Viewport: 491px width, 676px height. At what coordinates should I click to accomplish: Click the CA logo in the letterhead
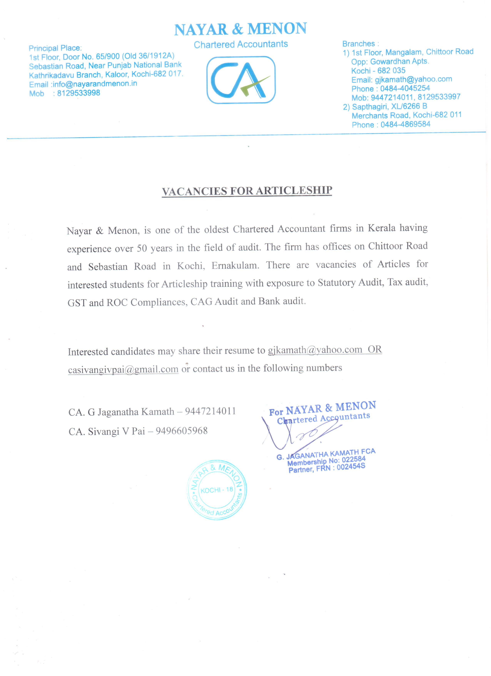(241, 80)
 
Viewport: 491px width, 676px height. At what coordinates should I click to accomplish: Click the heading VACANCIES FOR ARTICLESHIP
(247, 191)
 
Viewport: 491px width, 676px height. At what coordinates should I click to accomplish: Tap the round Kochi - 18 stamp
(217, 490)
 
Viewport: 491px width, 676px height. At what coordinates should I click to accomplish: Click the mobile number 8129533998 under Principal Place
(79, 93)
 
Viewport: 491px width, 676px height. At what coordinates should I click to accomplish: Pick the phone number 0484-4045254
(405, 88)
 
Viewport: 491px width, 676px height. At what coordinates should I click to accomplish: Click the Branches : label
(361, 44)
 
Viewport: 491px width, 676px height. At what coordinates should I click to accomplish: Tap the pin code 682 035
(391, 71)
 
